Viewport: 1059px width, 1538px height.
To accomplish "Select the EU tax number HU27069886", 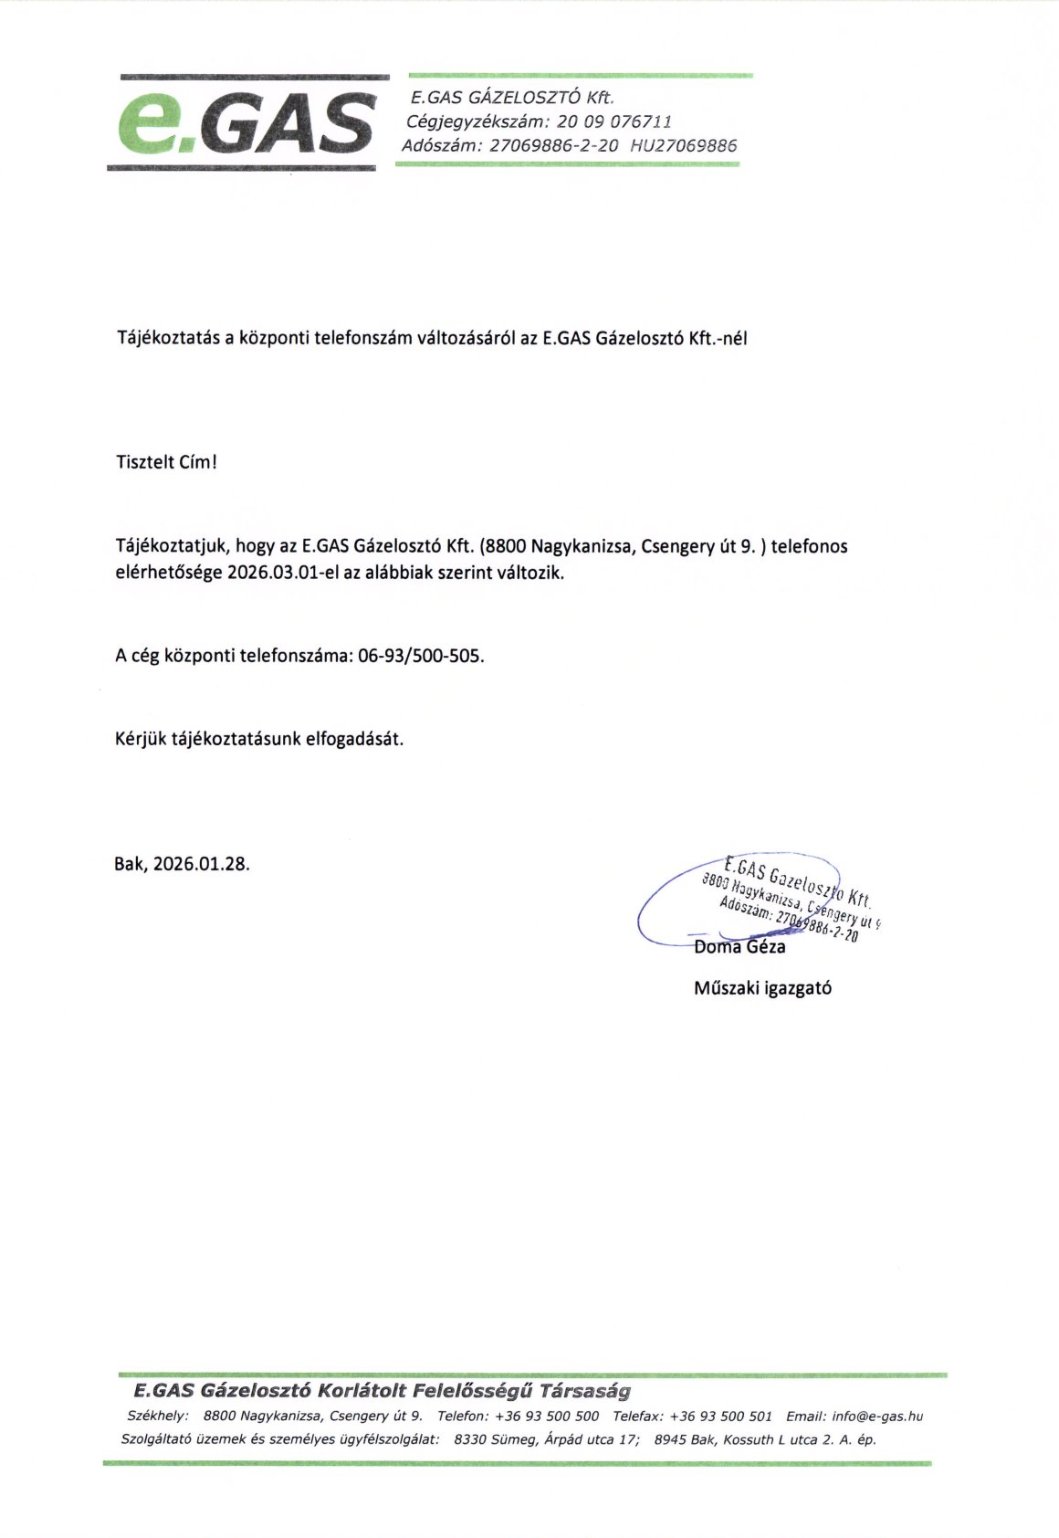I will pos(683,145).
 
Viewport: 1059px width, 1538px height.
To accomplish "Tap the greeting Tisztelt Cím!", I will pos(166,462).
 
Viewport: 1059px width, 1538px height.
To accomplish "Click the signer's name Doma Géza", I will pos(739,947).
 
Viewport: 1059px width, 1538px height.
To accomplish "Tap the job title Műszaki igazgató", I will pos(762,987).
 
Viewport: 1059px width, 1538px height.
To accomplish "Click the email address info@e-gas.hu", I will pos(877,1417).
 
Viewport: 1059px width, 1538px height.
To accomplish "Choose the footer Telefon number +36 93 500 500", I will pos(547,1417).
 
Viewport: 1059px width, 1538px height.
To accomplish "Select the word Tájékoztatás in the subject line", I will pos(169,338).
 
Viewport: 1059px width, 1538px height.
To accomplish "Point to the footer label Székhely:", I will pos(157,1417).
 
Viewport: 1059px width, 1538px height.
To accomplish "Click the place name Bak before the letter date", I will pos(130,863).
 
